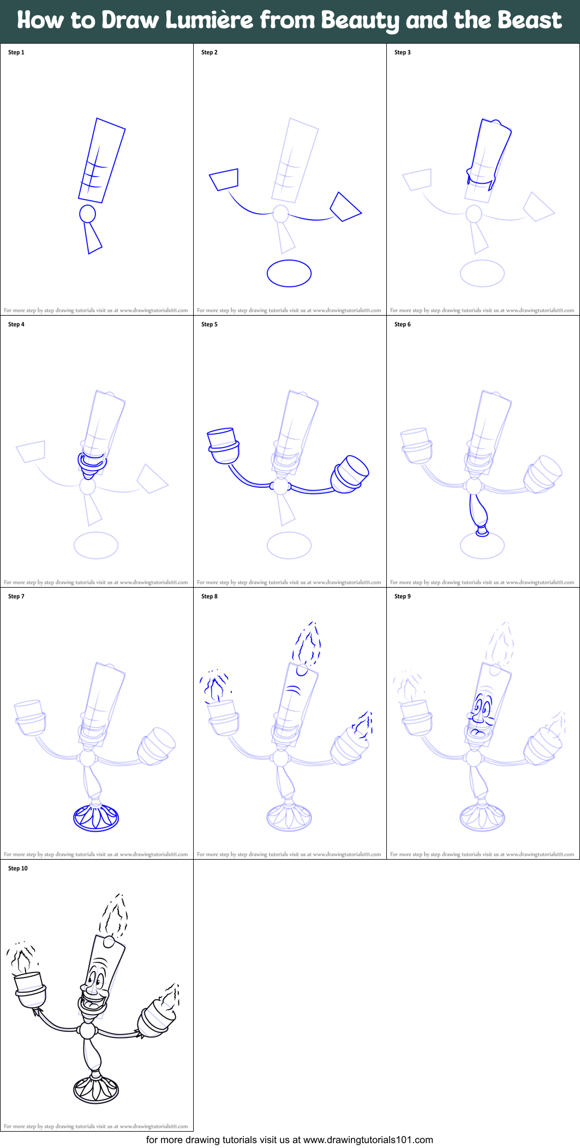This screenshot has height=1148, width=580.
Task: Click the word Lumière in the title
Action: (210, 21)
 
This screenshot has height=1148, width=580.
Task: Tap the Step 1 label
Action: (16, 52)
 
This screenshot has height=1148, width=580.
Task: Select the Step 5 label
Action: (210, 324)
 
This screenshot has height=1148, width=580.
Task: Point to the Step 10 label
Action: (18, 868)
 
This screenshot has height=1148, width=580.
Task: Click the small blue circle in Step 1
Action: (88, 214)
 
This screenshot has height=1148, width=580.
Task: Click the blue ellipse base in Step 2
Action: (289, 273)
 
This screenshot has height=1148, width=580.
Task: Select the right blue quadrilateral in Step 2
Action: (345, 207)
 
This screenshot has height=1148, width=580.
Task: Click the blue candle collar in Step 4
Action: (92, 462)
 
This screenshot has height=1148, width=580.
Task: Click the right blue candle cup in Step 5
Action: (350, 474)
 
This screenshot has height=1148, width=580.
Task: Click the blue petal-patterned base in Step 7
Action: (96, 818)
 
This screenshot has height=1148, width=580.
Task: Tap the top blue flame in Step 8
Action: (308, 645)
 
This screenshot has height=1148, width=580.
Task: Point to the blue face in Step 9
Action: (481, 715)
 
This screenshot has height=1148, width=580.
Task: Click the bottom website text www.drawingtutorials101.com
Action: (368, 1140)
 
